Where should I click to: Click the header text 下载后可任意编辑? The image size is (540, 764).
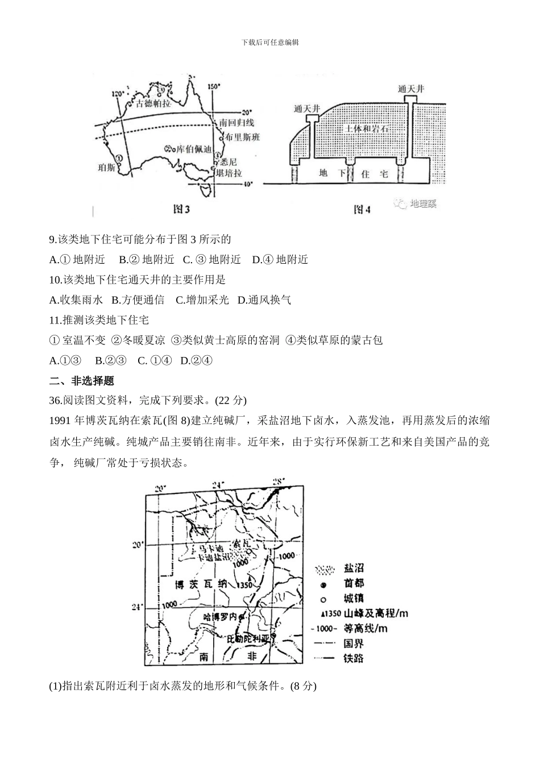[x=270, y=42]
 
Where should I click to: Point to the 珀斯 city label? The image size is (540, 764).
[x=107, y=167]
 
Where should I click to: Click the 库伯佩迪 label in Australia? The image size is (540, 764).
[x=192, y=150]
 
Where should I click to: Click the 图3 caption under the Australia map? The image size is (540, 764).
[x=181, y=210]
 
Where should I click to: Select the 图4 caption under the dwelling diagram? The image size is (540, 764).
[x=362, y=210]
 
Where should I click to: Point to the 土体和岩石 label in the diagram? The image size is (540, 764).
[x=366, y=129]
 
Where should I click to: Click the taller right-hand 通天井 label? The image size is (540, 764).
[x=411, y=89]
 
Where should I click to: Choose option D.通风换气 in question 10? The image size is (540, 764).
[x=264, y=300]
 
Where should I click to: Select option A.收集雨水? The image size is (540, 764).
[x=76, y=300]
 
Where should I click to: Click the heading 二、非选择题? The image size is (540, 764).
[x=82, y=380]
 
